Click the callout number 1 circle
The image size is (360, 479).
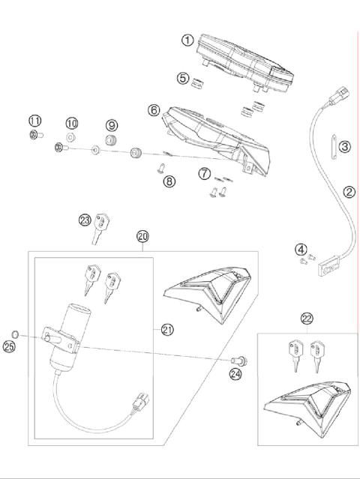tap(187, 40)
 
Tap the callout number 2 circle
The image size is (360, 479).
tap(349, 192)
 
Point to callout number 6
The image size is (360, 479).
tap(154, 110)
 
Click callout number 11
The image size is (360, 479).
tap(34, 121)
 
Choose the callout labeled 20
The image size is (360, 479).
tap(142, 237)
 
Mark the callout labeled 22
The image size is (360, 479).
tap(307, 319)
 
